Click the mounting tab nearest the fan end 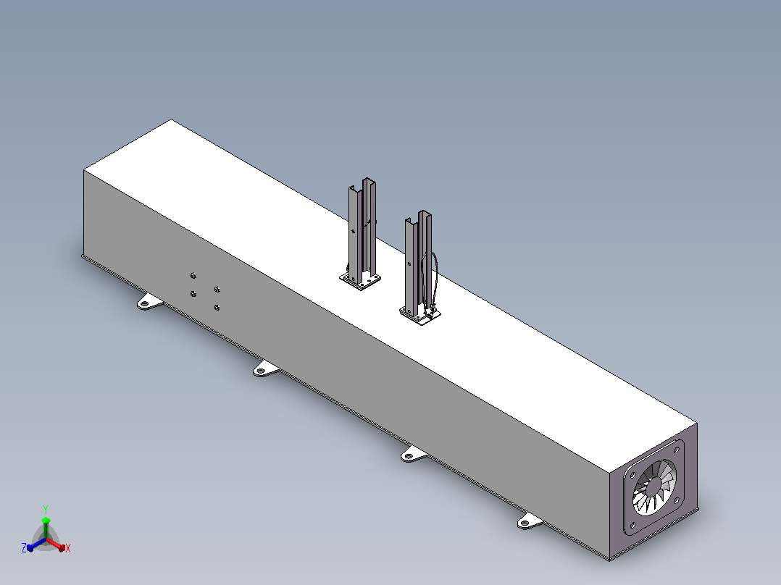530,521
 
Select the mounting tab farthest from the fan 149,301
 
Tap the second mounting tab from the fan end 414,454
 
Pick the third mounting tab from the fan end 266,369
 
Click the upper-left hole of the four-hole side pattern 193,275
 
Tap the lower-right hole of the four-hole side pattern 217,308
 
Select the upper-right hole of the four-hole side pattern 217,290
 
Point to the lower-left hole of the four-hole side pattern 193,294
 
